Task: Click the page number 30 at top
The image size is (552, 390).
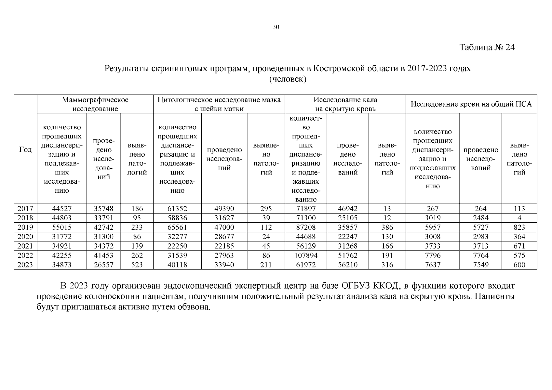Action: (276, 27)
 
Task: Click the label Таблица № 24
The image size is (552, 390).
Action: (487, 47)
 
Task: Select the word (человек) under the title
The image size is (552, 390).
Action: (288, 79)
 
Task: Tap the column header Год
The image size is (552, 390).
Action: (25, 149)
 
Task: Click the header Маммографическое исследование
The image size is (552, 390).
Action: (95, 104)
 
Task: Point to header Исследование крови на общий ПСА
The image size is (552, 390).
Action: (471, 104)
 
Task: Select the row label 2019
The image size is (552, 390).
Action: (25, 227)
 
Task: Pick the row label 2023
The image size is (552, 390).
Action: (25, 265)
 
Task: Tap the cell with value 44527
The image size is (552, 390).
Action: (62, 209)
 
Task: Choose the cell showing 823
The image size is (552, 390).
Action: (519, 227)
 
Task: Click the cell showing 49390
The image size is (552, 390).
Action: (224, 209)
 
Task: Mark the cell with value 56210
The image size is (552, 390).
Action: (347, 265)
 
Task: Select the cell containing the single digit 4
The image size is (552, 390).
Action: (519, 218)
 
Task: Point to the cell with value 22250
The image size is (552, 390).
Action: (177, 246)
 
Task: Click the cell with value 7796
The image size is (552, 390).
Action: (433, 255)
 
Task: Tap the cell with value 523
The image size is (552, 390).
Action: (137, 265)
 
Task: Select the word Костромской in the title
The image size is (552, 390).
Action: (339, 69)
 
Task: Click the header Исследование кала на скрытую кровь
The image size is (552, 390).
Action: (345, 104)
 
